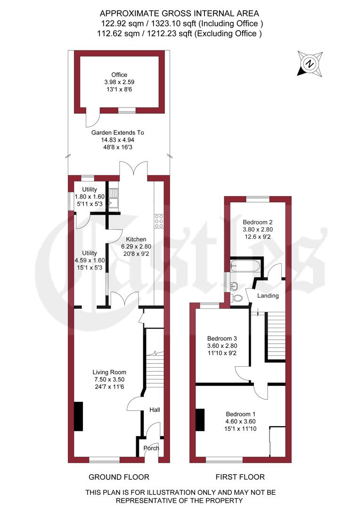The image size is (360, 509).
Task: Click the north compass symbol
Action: pos(309,64)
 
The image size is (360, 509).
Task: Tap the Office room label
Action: pos(119,74)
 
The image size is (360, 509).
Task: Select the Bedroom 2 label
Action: pos(257,222)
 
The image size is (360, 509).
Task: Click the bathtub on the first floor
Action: pos(244,266)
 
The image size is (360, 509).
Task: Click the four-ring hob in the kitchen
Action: pos(159,221)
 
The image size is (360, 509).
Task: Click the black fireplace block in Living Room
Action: pos(78,416)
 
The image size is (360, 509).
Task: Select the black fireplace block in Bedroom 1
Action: pos(200,419)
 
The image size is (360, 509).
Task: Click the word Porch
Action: pos(151,448)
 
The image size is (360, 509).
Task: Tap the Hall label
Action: pos(155,410)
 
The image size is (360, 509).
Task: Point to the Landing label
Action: pos(268,296)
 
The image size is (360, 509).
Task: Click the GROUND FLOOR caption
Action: pos(119,476)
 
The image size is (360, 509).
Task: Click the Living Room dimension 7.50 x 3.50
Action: pos(109,379)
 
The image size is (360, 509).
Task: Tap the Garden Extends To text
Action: pos(118,133)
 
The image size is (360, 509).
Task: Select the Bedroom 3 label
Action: pos(222,338)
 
